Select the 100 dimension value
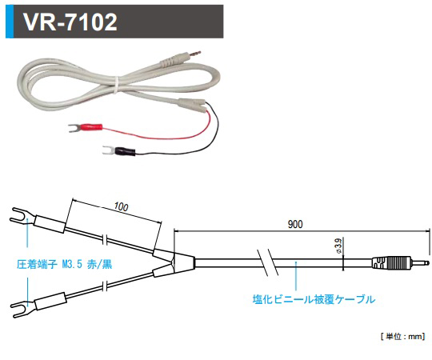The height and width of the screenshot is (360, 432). [120, 206]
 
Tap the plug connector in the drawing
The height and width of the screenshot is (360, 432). [397, 262]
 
